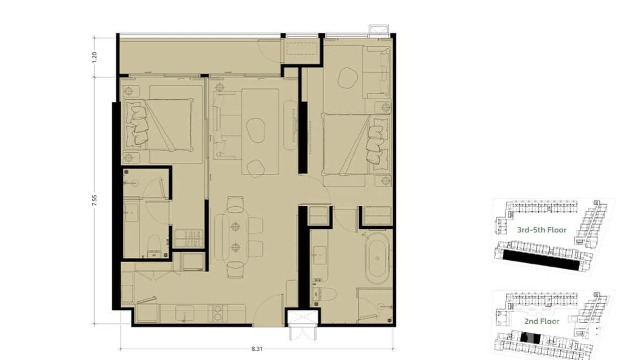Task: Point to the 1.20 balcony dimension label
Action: click(x=95, y=57)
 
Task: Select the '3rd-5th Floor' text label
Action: click(x=542, y=230)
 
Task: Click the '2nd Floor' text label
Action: click(x=541, y=321)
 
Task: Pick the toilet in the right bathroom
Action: click(x=317, y=295)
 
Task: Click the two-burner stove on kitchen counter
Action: click(x=218, y=312)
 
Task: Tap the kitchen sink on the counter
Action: click(x=184, y=313)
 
